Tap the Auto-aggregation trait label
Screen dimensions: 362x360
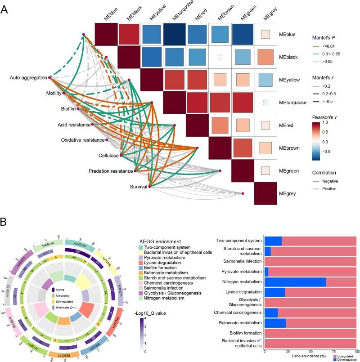pos(27,78)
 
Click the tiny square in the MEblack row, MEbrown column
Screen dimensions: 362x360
pos(220,57)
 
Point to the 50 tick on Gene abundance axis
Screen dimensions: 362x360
pos(310,351)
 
